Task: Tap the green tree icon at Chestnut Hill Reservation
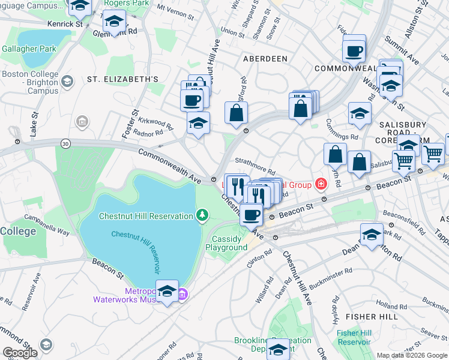(x=203, y=215)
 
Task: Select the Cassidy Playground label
(x=226, y=243)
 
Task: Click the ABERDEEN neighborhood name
(x=265, y=59)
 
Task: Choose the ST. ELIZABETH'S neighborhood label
(x=122, y=79)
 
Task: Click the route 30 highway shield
(x=65, y=143)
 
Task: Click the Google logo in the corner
(x=20, y=353)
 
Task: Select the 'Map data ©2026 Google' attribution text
(x=411, y=355)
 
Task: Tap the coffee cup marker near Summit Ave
(x=354, y=50)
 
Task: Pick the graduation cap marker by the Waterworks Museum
(x=167, y=292)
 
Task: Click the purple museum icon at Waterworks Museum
(x=183, y=294)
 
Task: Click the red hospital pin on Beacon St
(x=321, y=184)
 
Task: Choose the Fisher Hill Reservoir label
(x=354, y=337)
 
